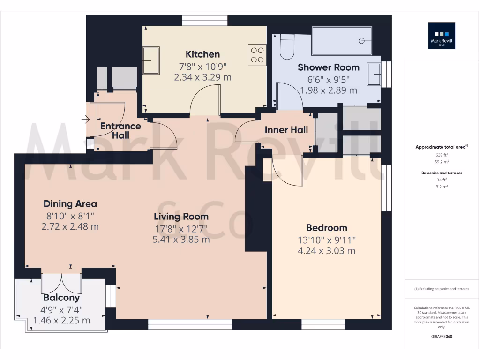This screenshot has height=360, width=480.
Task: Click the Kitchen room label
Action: (202, 54)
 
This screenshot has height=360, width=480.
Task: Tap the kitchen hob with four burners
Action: (257, 54)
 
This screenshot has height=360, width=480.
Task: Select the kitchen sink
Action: (151, 60)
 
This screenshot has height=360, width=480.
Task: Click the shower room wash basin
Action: (374, 75)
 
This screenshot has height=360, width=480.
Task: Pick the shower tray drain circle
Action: (361, 41)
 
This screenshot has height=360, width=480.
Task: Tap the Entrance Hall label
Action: (120, 130)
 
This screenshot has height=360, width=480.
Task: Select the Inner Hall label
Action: (286, 130)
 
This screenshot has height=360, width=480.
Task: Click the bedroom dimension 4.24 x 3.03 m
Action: (326, 250)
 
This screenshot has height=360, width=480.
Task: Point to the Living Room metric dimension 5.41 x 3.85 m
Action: (181, 239)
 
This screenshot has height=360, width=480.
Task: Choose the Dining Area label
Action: (70, 203)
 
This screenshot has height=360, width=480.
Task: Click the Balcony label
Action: (61, 297)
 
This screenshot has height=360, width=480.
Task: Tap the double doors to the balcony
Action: (62, 283)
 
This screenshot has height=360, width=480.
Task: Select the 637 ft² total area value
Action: (442, 155)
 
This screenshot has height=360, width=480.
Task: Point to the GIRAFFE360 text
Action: (442, 336)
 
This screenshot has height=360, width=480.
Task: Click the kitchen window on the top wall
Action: (204, 21)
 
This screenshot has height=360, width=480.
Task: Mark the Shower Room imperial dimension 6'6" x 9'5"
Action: (329, 79)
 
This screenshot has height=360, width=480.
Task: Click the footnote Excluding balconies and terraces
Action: (442, 289)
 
